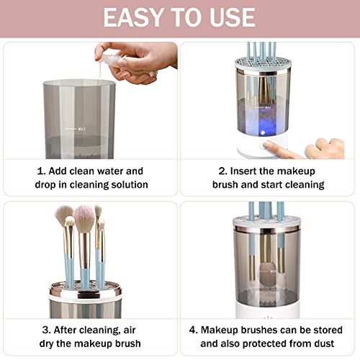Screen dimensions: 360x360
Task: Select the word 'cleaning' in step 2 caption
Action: [301, 185]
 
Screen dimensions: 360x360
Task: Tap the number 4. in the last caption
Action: [193, 330]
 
